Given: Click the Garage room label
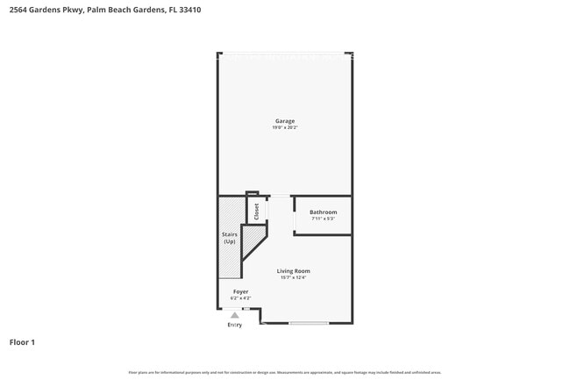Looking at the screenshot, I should [285, 121].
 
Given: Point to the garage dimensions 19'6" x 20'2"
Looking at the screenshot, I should [285, 128].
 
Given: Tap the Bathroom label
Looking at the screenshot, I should [323, 212].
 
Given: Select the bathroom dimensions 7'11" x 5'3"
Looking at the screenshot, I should [323, 219].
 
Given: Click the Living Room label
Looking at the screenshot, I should [294, 271].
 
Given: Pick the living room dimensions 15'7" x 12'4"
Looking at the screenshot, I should [294, 278].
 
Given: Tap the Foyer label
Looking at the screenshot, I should [240, 291].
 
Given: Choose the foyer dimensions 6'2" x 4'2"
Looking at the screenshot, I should [240, 298].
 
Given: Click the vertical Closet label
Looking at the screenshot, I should [257, 212].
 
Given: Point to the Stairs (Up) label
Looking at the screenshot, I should [230, 238].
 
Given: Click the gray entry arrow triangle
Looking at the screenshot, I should [235, 316].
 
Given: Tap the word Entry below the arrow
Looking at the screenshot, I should [235, 326].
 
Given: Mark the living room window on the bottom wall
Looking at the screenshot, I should [309, 325].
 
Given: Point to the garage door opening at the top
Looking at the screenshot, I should [285, 54].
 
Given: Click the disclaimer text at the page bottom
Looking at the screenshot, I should [285, 372].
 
